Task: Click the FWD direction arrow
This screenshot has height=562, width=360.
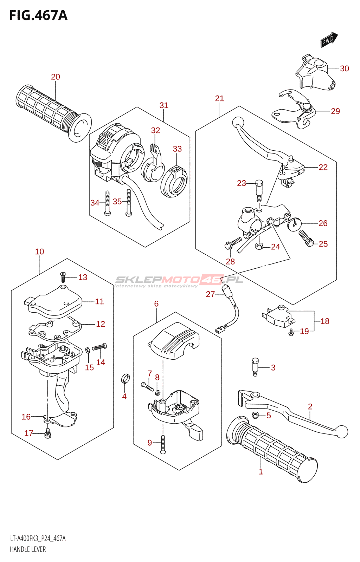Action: click(x=329, y=39)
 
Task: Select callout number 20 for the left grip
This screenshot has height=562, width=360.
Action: click(x=56, y=77)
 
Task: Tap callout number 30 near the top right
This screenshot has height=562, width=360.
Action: click(x=344, y=68)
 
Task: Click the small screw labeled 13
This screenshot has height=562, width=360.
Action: click(x=63, y=277)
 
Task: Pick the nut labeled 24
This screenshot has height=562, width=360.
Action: click(x=259, y=246)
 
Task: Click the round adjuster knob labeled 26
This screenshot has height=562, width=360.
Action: click(x=294, y=224)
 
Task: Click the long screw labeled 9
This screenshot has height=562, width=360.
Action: click(x=163, y=444)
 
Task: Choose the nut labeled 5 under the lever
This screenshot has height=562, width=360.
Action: click(x=256, y=415)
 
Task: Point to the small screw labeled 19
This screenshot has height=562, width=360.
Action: click(x=291, y=332)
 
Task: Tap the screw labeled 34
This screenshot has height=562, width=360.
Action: click(x=107, y=203)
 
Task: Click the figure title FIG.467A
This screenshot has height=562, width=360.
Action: click(x=38, y=15)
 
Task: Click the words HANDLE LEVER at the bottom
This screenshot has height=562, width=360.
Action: click(x=28, y=549)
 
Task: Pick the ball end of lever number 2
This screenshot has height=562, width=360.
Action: click(x=342, y=431)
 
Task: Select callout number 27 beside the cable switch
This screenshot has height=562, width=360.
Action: click(x=210, y=294)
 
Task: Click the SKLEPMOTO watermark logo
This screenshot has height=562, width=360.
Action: click(x=179, y=280)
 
